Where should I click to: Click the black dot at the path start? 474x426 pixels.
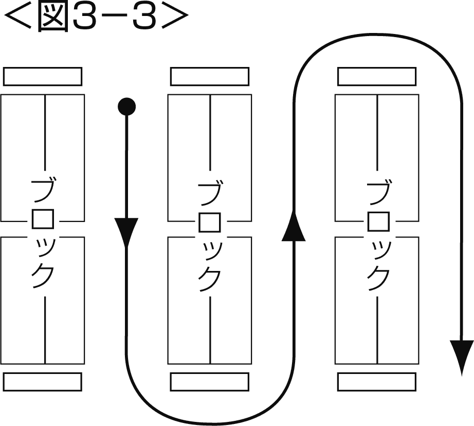click(126, 107)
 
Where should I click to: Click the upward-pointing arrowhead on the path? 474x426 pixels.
click(294, 228)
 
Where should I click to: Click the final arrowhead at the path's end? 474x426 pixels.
click(461, 353)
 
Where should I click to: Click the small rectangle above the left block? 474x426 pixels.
click(43, 76)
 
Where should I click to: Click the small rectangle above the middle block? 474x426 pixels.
click(210, 76)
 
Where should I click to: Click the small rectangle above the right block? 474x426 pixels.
click(377, 76)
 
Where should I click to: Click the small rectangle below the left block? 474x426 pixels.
click(43, 382)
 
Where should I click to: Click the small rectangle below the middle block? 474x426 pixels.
click(210, 382)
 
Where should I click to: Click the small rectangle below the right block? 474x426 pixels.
click(377, 382)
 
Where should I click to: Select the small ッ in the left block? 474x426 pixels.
click(43, 249)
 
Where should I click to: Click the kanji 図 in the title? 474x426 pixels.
click(51, 17)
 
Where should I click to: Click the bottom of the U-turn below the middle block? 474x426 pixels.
click(210, 421)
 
